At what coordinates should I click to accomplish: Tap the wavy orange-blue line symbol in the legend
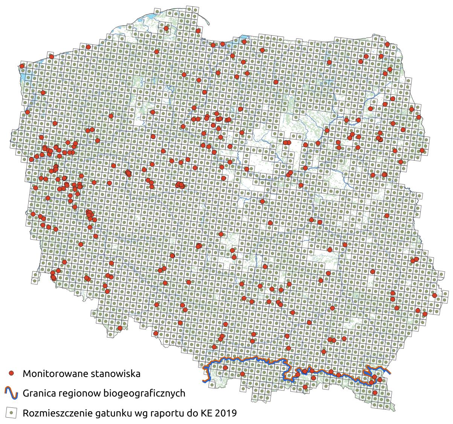[x=12, y=393]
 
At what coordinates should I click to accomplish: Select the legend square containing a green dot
[x=12, y=413]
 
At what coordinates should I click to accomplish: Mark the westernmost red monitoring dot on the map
[x=22, y=66]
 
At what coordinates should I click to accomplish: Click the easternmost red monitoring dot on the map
[x=435, y=295]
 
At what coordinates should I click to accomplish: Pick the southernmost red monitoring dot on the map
[x=375, y=393]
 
